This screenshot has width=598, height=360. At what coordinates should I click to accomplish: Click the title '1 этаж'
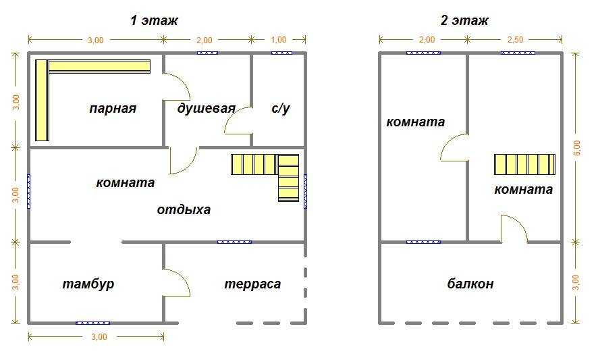point(154,20)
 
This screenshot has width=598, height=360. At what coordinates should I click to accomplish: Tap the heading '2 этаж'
point(464,20)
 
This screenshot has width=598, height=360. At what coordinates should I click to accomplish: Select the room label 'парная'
point(113,109)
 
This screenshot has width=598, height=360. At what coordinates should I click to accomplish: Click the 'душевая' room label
point(206,109)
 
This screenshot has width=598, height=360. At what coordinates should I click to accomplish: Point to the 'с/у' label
point(280,109)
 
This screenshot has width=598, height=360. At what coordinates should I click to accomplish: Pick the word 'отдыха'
point(184,209)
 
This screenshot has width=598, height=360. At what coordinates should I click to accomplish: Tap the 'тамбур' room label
point(88,284)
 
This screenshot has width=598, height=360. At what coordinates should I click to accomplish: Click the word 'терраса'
point(252,284)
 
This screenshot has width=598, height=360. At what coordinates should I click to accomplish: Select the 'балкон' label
point(470,284)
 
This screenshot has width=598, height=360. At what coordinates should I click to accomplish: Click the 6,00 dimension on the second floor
point(576,148)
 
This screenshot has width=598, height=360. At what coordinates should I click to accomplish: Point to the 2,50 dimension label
point(515,40)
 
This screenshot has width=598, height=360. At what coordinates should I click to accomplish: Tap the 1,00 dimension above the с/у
point(278,40)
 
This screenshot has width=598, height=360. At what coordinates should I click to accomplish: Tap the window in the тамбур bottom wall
point(93,323)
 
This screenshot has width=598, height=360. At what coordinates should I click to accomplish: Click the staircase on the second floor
point(525,165)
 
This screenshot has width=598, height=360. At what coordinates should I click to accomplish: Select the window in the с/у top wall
point(282,53)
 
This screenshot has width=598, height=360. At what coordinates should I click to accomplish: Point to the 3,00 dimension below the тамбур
point(99,337)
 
